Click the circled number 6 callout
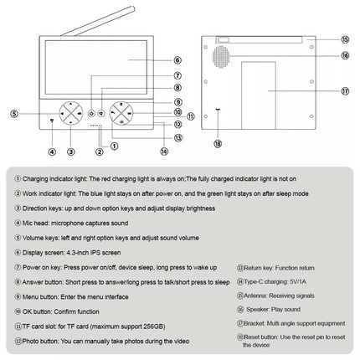tap(177, 60)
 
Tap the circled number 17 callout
tap(345, 91)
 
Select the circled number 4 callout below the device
tap(52, 152)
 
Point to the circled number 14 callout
tap(164, 152)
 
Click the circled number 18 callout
tap(218, 144)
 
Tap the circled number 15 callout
tap(345, 39)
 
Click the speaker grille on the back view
tap(221, 57)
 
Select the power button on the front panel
tap(91, 113)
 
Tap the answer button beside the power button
tap(101, 113)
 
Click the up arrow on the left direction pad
tap(71, 104)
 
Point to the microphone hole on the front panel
tap(52, 121)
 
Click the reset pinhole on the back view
tap(218, 110)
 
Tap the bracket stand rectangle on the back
tap(259, 95)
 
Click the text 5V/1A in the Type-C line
tap(298, 281)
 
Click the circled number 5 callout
tap(14, 114)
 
